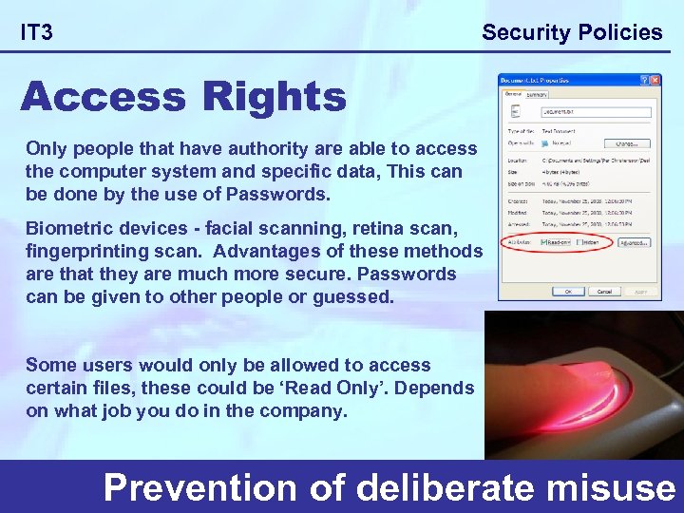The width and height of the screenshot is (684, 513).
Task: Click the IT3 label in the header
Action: point(37,33)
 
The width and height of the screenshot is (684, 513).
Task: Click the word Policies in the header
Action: point(618,32)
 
